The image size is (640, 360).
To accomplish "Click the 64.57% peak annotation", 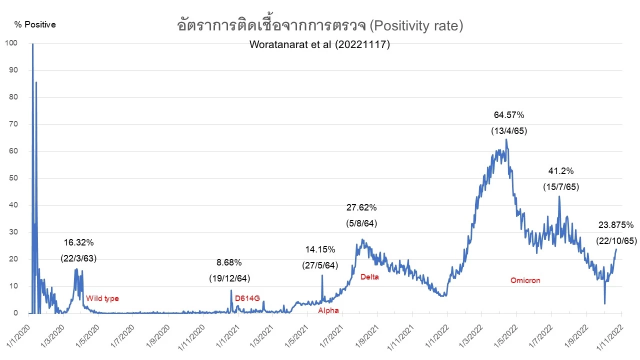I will point(509,115).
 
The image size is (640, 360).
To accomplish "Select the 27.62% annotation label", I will point(361,207).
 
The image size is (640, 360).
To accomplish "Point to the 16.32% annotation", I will point(78,243).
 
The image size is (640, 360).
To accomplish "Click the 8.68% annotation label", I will point(229,262).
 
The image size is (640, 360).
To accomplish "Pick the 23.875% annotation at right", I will point(615,225).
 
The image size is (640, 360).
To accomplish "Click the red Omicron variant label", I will point(525,280).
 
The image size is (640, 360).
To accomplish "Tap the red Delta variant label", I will point(369,277).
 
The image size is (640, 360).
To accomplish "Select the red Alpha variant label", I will point(328,310).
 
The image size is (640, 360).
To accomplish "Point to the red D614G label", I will point(247,298).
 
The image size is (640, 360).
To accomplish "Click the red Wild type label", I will point(102,298).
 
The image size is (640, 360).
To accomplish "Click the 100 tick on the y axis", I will point(11,43).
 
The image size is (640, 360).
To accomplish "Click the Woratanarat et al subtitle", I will point(319,44).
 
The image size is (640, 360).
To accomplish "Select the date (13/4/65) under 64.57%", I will point(509,131).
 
